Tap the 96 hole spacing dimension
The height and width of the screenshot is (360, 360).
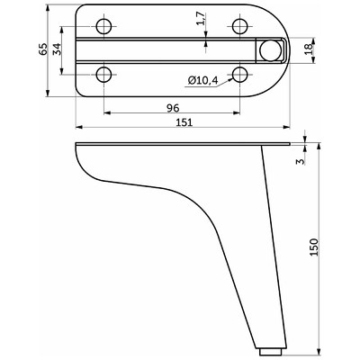click(x=173, y=108)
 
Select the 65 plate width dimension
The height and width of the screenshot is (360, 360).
click(x=43, y=49)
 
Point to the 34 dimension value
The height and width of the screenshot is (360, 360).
click(x=57, y=49)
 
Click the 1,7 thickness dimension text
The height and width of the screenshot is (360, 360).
click(x=202, y=18)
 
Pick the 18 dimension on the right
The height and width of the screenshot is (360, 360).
click(x=309, y=49)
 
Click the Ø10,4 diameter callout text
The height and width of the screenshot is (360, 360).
click(x=203, y=80)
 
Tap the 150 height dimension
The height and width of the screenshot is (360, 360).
click(x=313, y=247)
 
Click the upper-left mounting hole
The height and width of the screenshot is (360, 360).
click(x=103, y=26)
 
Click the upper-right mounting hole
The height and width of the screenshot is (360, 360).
click(x=240, y=26)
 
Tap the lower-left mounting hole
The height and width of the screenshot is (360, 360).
click(x=103, y=74)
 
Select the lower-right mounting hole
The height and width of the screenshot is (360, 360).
click(x=240, y=74)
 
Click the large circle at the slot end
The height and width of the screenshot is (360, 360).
click(x=270, y=50)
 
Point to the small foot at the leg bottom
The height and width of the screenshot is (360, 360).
click(x=270, y=351)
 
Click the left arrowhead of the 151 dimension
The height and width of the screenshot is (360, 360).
click(x=78, y=127)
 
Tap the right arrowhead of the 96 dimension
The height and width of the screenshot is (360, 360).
click(x=237, y=113)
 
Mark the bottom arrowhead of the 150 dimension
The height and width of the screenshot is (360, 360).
click(x=319, y=350)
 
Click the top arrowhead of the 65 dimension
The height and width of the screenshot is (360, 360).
click(x=48, y=8)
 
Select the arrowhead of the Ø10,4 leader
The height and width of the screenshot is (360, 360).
click(x=230, y=79)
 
